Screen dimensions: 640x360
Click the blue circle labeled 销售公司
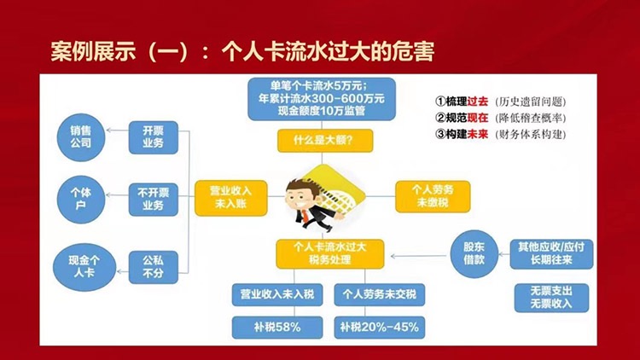(x=81, y=137)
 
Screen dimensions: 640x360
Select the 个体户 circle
(x=81, y=199)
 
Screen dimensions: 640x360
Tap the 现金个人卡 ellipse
(x=84, y=267)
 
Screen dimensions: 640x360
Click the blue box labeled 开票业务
(x=154, y=137)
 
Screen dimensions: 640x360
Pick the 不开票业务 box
(x=154, y=199)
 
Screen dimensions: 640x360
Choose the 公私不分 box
(x=154, y=267)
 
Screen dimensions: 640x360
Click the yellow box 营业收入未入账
(x=231, y=198)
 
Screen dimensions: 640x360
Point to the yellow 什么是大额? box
(x=325, y=141)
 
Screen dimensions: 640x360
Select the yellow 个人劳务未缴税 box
(x=433, y=197)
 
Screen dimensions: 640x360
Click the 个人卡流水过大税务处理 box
(x=329, y=254)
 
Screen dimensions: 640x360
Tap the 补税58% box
(x=277, y=328)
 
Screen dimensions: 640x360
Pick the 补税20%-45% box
(x=379, y=328)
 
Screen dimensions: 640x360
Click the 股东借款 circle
(x=474, y=254)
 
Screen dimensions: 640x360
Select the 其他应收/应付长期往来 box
(x=551, y=254)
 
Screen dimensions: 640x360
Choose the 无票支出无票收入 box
(x=551, y=298)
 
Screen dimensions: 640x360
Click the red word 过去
(x=478, y=102)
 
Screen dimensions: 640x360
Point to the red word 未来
(x=478, y=134)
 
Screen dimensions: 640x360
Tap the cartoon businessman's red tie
(x=305, y=216)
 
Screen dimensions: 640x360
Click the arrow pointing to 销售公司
(x=118, y=131)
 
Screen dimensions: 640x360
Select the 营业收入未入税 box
(x=277, y=294)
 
